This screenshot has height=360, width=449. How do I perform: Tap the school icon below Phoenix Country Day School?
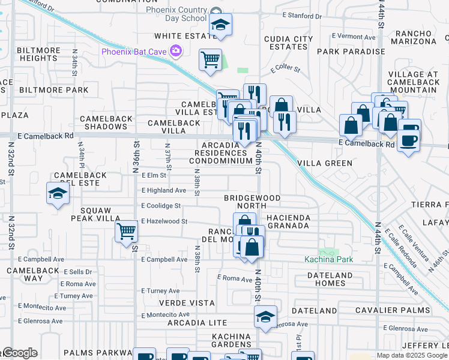point(220,26)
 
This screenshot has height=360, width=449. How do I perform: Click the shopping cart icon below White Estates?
point(210,60)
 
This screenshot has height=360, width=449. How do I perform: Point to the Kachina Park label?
point(328,259)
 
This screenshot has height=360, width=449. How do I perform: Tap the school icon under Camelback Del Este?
point(57,194)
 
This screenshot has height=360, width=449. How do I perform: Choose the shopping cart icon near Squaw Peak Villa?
point(126,230)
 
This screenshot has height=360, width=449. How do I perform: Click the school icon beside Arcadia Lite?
point(265,317)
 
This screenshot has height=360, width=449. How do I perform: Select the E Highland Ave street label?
point(164,190)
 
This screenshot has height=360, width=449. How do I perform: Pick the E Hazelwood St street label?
point(164,221)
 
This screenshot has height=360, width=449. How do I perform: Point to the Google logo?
point(19,353)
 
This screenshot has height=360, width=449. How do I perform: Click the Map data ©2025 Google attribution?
point(412,355)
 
